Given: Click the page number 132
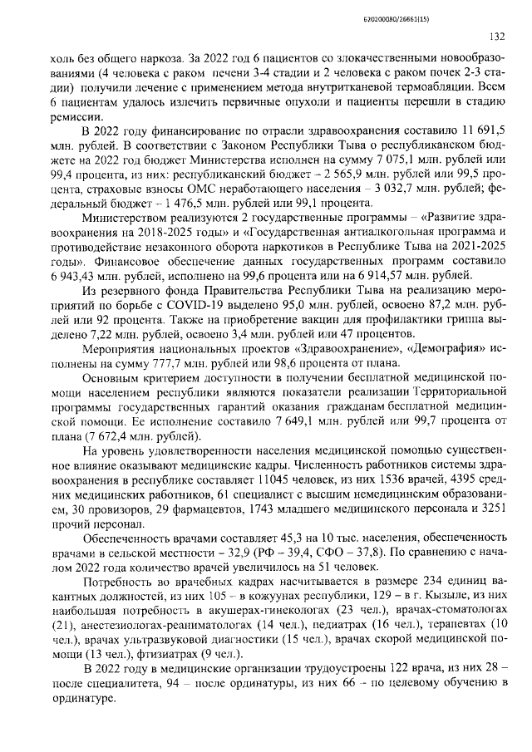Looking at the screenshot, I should click(x=497, y=37).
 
